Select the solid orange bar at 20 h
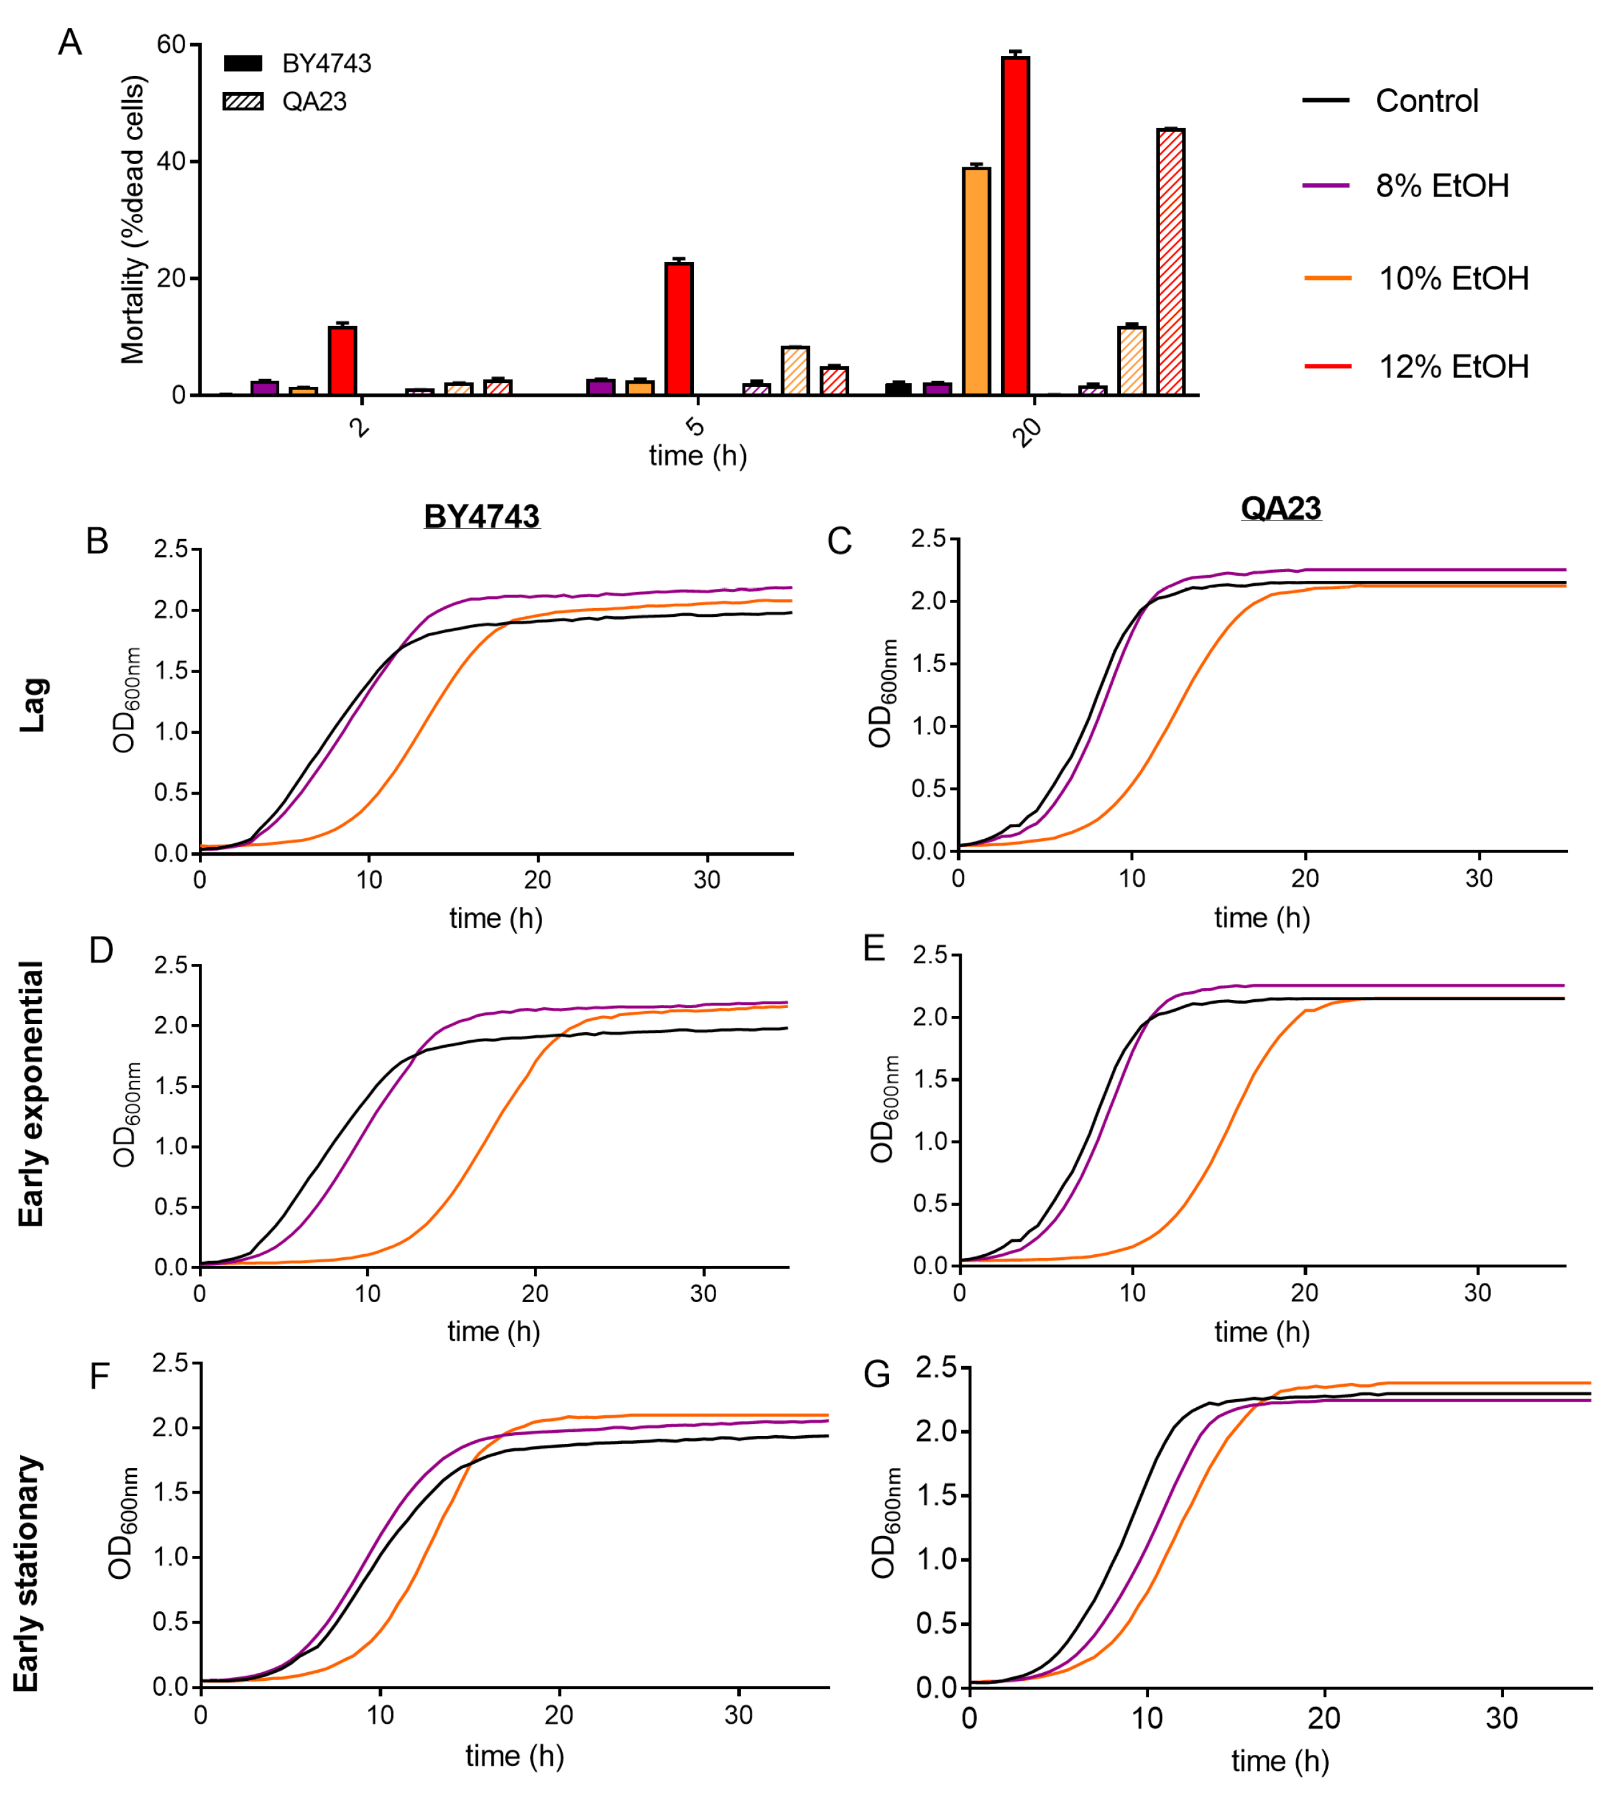[x=976, y=280]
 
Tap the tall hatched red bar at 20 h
[x=1170, y=262]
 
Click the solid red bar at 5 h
[x=678, y=328]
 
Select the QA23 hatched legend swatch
[x=243, y=101]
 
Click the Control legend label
[x=1426, y=101]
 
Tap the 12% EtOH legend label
[x=1453, y=366]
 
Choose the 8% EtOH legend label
[x=1441, y=185]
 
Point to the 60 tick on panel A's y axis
[x=171, y=45]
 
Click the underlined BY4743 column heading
[x=481, y=516]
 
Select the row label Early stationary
[x=27, y=1573]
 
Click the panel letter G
[x=877, y=1375]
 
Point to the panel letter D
[x=101, y=950]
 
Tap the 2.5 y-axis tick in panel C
[x=928, y=539]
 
